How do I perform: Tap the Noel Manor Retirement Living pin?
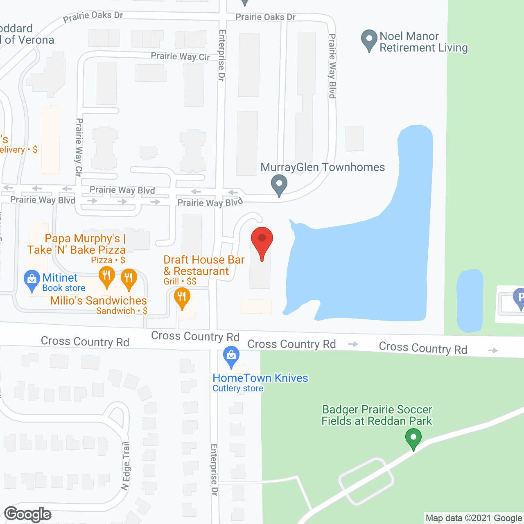tap(369, 40)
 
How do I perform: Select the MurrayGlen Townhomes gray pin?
tap(279, 185)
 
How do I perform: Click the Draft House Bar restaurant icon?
tap(182, 298)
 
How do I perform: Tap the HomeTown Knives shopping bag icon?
tap(231, 356)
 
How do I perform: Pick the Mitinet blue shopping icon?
tap(32, 280)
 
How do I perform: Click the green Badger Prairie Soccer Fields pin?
tap(413, 438)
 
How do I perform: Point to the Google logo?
tap(28, 514)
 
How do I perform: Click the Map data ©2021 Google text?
tap(474, 518)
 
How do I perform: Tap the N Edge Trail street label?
tap(126, 466)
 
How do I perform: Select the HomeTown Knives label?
tap(260, 378)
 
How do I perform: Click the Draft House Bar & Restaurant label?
tap(204, 265)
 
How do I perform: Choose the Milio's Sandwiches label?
tap(98, 301)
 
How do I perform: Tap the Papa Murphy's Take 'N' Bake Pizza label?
tap(77, 244)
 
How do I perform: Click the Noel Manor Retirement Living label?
tap(423, 42)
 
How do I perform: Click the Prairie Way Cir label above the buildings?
tap(180, 56)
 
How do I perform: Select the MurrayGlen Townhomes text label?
tap(323, 167)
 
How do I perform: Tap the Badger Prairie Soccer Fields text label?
tap(377, 415)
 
